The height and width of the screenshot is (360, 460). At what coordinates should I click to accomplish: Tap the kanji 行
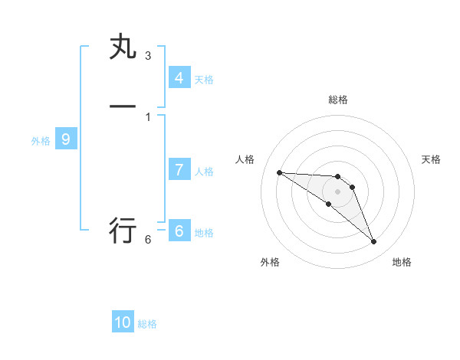(123, 229)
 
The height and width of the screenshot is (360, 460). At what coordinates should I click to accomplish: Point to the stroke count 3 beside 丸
(148, 56)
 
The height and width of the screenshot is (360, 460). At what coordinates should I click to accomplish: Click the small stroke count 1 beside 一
(148, 116)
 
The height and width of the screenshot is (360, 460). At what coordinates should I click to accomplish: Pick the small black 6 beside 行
(148, 240)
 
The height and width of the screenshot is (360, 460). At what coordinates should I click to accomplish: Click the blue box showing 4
(179, 77)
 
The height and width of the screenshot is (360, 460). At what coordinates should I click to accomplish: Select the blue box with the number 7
(179, 170)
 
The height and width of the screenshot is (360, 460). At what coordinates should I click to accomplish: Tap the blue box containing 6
(179, 231)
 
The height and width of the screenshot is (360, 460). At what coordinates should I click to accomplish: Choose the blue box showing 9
(66, 139)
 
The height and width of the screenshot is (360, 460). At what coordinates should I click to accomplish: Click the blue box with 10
(123, 322)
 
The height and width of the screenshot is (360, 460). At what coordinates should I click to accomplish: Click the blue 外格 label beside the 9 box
(41, 141)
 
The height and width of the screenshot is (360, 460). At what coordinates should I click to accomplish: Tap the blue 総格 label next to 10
(147, 324)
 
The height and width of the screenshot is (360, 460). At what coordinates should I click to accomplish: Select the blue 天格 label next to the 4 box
(204, 80)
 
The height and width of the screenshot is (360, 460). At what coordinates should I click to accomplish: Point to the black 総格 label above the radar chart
(338, 100)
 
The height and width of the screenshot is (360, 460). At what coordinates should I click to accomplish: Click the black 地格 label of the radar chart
(402, 262)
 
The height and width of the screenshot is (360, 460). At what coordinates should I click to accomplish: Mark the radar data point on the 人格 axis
(279, 172)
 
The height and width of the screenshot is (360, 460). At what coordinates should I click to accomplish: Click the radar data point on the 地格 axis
(373, 242)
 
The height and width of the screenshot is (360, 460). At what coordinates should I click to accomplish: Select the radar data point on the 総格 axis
(338, 177)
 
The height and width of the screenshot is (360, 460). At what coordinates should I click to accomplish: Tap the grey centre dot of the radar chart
(338, 191)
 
